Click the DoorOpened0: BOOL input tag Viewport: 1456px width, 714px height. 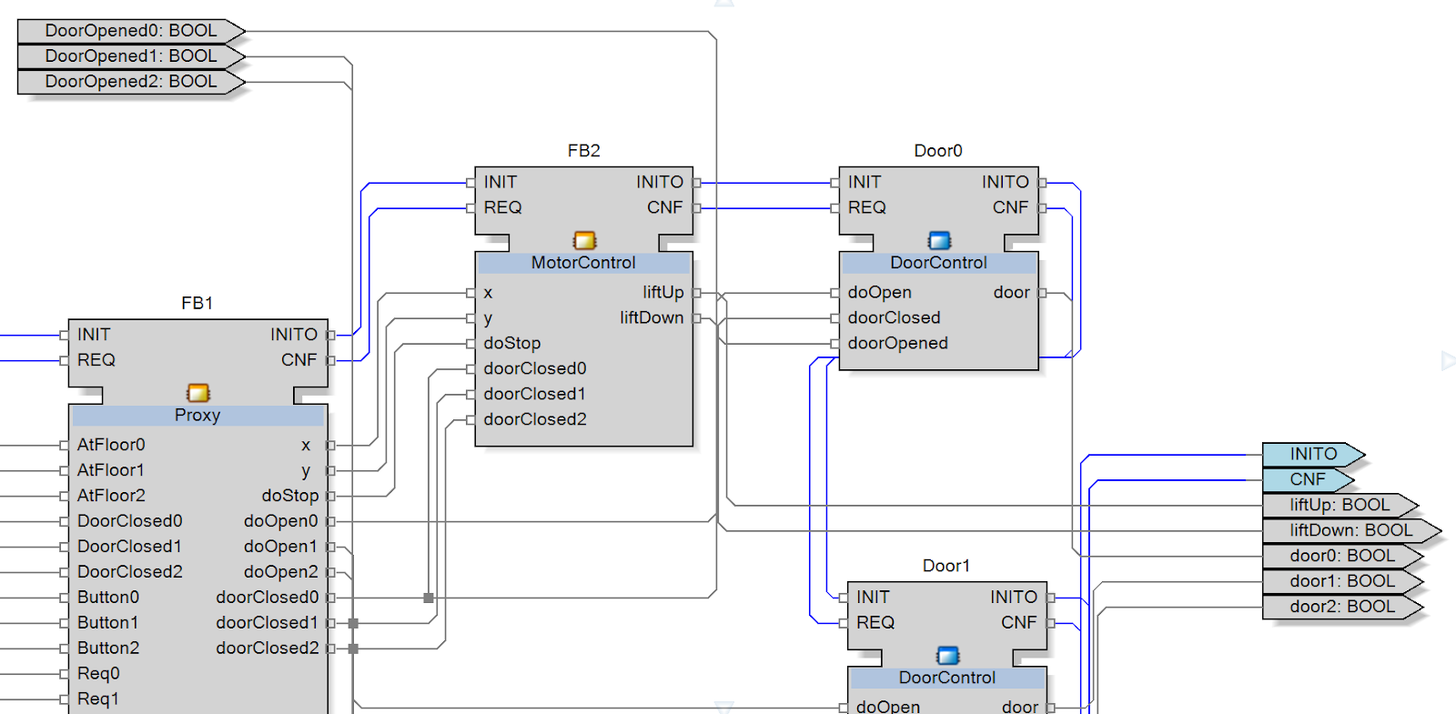131,31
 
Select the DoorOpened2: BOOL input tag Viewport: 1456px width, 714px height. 131,82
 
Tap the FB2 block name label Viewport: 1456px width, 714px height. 583,151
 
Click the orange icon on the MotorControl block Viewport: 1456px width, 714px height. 584,240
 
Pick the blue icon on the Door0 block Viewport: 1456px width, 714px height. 939,240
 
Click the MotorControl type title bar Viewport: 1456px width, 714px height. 583,263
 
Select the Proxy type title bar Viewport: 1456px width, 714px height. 197,416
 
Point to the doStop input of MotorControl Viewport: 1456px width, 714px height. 512,344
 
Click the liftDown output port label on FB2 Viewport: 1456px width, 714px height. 652,318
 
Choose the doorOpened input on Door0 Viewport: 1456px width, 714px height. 898,344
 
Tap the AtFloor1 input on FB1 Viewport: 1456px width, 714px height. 111,470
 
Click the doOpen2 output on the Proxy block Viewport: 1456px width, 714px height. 280,572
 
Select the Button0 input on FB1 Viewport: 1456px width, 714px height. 108,598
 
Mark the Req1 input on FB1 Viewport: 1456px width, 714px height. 98,699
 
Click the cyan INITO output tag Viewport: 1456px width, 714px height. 1312,454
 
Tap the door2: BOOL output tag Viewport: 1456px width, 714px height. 1341,607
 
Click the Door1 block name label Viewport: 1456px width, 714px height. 946,566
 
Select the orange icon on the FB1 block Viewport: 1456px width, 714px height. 197,393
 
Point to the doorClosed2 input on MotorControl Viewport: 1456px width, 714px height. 535,420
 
